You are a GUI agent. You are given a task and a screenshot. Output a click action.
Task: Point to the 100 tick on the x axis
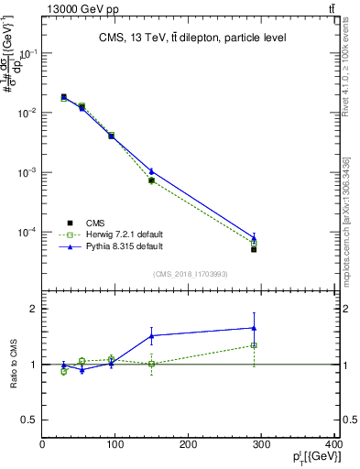coord(115,445)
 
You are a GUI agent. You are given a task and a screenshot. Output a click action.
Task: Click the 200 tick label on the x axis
coord(189,445)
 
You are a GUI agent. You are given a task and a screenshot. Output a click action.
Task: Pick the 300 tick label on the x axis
coord(262,445)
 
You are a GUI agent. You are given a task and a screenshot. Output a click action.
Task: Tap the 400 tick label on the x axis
coord(332,445)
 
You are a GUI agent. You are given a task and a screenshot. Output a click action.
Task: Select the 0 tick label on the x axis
coord(42,445)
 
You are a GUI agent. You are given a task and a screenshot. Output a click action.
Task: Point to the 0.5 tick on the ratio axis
coord(29,420)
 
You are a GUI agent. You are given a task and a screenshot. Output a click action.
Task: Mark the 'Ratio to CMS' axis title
coord(15,365)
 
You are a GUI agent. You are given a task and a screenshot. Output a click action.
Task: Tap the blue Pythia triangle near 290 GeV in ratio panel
coord(254,328)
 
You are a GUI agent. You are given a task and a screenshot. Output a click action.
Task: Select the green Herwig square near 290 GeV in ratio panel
coord(254,345)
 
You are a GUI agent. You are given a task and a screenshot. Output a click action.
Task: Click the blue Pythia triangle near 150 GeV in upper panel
coord(151,171)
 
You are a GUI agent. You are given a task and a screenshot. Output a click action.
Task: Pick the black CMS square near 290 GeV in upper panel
coord(254,249)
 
